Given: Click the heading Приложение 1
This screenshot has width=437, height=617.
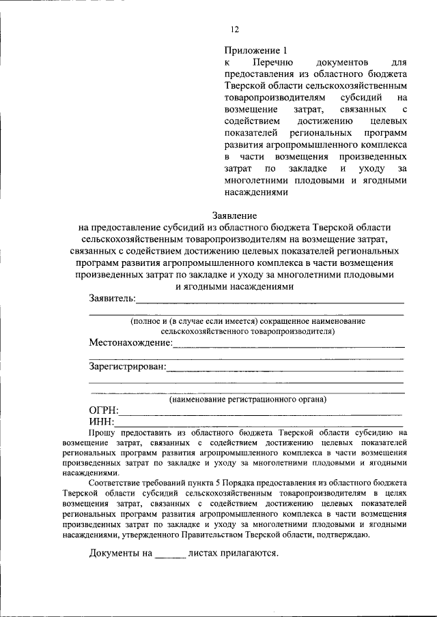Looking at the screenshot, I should coord(252,50).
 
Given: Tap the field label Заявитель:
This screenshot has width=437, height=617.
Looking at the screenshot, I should coord(112,299).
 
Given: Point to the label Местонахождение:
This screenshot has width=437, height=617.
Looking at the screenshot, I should coord(130,342).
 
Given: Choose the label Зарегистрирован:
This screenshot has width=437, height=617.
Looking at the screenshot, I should coord(128,367).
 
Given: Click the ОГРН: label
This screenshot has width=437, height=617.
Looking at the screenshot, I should coord(104,410).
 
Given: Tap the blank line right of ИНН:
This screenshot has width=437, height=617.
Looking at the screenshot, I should coord(259,425).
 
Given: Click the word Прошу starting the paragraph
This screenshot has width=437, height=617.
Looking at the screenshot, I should coord(104,433).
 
